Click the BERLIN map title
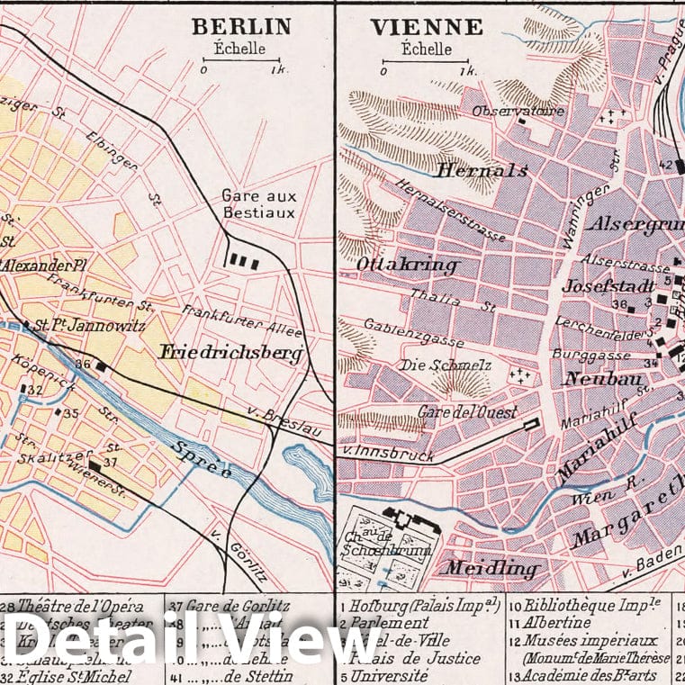(x=240, y=27)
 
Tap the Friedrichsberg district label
(x=230, y=353)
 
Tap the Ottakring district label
(x=408, y=266)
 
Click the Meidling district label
(x=491, y=569)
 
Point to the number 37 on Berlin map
(x=111, y=462)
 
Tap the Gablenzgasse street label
(x=414, y=333)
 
